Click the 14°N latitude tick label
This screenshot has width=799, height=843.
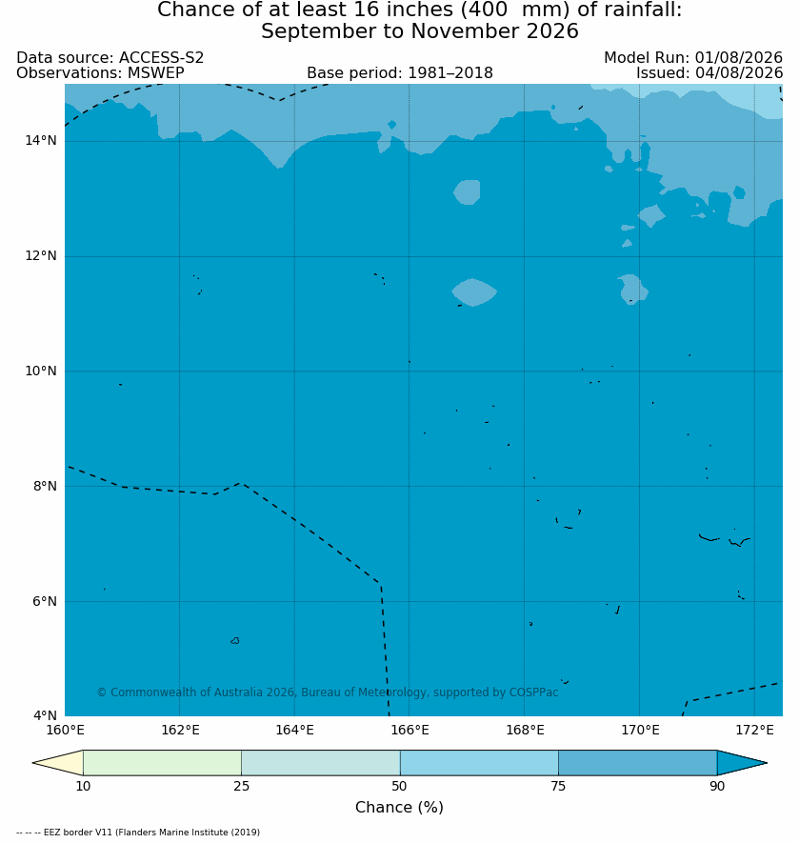click(x=40, y=141)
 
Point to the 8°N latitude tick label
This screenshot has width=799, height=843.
click(x=44, y=486)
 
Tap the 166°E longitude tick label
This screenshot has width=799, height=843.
click(x=409, y=730)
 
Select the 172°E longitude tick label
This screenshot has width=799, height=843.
click(x=754, y=730)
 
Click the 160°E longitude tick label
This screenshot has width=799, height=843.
click(x=65, y=730)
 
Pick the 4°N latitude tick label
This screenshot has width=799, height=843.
click(x=44, y=715)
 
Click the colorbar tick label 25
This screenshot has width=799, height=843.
click(x=242, y=786)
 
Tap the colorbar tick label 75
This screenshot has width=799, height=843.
click(x=558, y=786)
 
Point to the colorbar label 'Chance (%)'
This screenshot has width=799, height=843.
click(x=400, y=807)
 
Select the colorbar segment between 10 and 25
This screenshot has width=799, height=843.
click(x=163, y=762)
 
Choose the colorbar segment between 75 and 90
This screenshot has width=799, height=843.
click(x=638, y=762)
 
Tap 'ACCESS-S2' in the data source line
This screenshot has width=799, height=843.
click(x=161, y=57)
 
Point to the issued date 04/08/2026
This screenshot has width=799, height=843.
click(x=739, y=72)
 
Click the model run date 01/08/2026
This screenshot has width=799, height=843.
click(x=739, y=57)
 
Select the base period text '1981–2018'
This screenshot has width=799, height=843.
click(x=450, y=72)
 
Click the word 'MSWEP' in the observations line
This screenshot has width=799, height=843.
click(x=156, y=72)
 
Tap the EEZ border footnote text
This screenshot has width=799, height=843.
click(x=138, y=833)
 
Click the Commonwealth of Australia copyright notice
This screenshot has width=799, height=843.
click(x=328, y=692)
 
